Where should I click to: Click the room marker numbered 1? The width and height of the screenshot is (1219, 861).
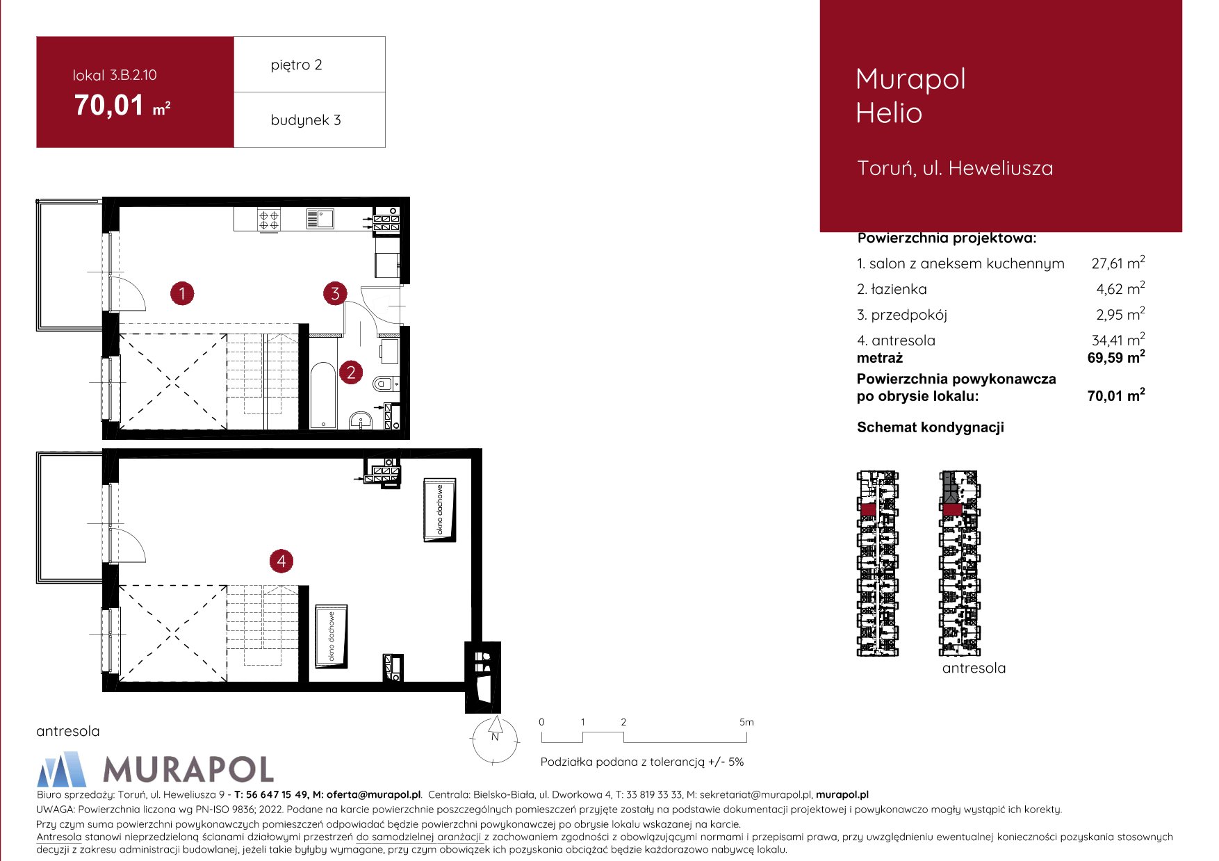pyautogui.click(x=182, y=293)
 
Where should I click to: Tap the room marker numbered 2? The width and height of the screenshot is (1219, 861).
pyautogui.click(x=351, y=372)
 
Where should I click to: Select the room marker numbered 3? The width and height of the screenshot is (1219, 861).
pyautogui.click(x=335, y=293)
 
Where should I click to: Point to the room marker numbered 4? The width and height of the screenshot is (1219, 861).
pyautogui.click(x=281, y=561)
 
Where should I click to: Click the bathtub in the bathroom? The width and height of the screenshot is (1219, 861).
pyautogui.click(x=322, y=395)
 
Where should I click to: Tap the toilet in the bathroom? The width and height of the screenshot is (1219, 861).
pyautogui.click(x=384, y=382)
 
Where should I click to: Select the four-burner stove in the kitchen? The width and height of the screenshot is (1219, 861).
pyautogui.click(x=269, y=220)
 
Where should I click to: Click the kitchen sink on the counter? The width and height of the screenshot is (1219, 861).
pyautogui.click(x=320, y=219)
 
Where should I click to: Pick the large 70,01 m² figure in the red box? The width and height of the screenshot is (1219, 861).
pyautogui.click(x=122, y=106)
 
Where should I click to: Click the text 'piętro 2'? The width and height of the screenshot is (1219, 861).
pyautogui.click(x=297, y=65)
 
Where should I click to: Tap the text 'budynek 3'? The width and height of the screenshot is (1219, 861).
pyautogui.click(x=306, y=120)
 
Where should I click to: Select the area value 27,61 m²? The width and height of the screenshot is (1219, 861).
pyautogui.click(x=1118, y=263)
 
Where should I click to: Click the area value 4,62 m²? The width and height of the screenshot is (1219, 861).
pyautogui.click(x=1120, y=288)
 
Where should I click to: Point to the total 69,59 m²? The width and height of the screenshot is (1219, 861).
pyautogui.click(x=1116, y=357)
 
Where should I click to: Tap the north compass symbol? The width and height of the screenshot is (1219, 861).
pyautogui.click(x=495, y=739)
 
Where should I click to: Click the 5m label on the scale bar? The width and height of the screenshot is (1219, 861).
pyautogui.click(x=746, y=722)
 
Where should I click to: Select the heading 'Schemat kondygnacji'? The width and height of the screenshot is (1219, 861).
pyautogui.click(x=931, y=427)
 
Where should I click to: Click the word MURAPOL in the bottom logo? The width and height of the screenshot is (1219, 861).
pyautogui.click(x=188, y=769)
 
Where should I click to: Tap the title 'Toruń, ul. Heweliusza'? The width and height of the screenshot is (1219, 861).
pyautogui.click(x=955, y=168)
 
